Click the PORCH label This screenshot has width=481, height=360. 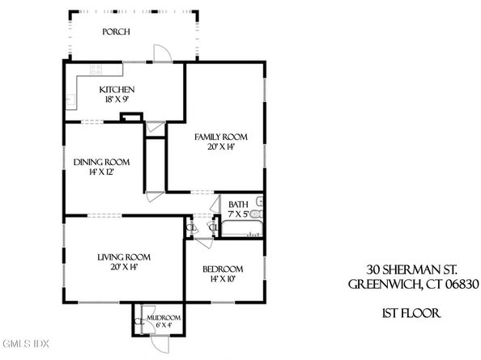coord(117,32)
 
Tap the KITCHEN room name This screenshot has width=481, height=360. coord(117,90)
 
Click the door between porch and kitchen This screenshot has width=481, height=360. coord(163,51)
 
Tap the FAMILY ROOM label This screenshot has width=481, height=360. coord(220,137)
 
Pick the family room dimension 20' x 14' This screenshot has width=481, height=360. coord(220,148)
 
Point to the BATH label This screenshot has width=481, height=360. coord(238,205)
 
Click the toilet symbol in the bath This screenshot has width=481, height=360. coord(259,201)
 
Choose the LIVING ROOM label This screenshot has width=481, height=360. coord(124,257)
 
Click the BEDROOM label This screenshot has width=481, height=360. coord(223,269)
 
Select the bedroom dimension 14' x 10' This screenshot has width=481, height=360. coord(223,279)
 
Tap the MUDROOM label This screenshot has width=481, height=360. coord(164,318)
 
